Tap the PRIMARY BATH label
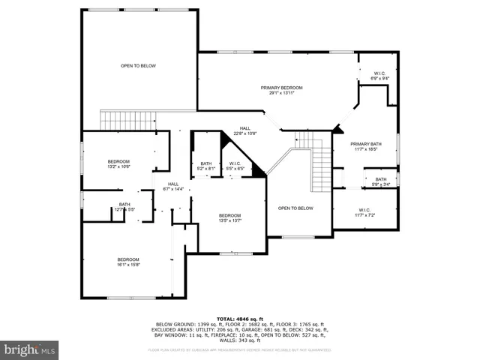(365, 143)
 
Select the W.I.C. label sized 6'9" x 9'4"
(380, 74)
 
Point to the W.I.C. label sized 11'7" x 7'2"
(365, 210)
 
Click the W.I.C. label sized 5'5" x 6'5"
(235, 163)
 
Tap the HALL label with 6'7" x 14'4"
(173, 184)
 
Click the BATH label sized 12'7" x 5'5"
(124, 205)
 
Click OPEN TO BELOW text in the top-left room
(139, 66)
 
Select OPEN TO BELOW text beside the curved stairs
(295, 208)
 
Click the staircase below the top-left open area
(128, 119)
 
